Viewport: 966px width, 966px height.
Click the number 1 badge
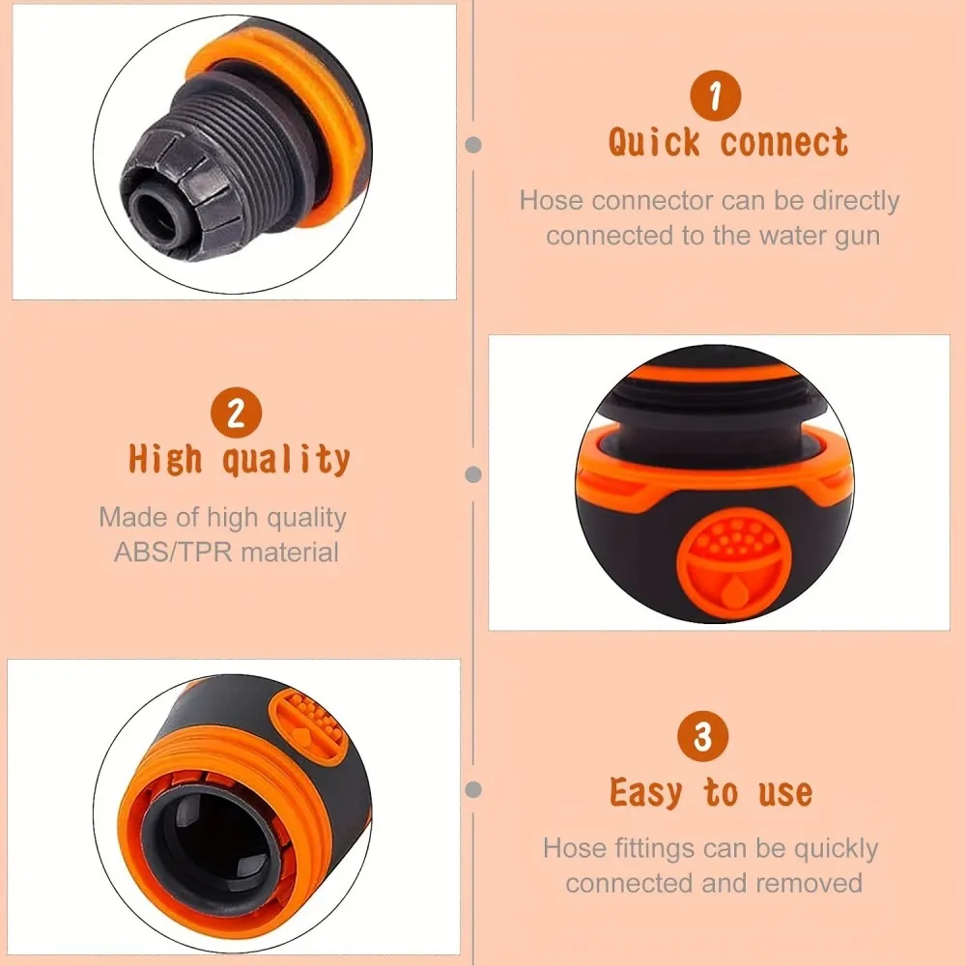[715, 96]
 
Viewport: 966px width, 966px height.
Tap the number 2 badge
[236, 412]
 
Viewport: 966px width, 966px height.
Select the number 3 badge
[702, 736]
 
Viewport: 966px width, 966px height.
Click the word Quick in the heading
[654, 142]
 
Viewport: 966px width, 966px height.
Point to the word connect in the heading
[783, 143]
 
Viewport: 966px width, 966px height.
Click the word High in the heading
[165, 459]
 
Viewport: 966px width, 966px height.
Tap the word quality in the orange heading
[286, 460]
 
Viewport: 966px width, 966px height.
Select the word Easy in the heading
[645, 792]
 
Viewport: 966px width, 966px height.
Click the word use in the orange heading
[784, 793]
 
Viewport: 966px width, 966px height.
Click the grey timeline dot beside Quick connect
[473, 145]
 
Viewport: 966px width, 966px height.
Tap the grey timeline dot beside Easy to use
[473, 789]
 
